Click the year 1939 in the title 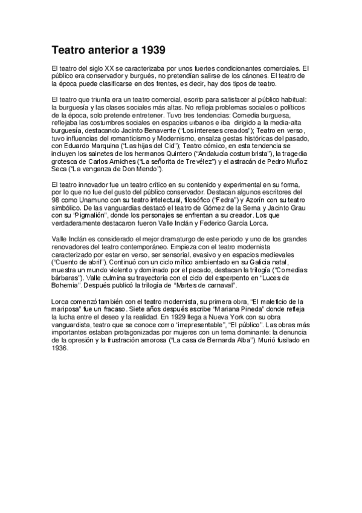pos(152,48)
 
